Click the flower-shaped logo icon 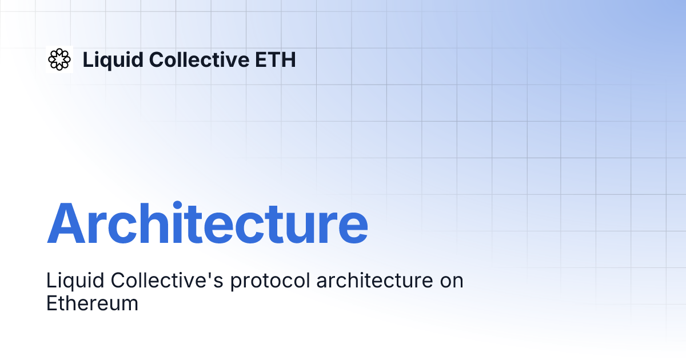[x=59, y=59]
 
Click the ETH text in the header [x=277, y=59]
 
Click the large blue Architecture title [x=207, y=223]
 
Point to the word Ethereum [x=92, y=303]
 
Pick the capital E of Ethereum [x=51, y=303]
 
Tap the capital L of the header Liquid [x=88, y=59]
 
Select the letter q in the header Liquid [x=107, y=61]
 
